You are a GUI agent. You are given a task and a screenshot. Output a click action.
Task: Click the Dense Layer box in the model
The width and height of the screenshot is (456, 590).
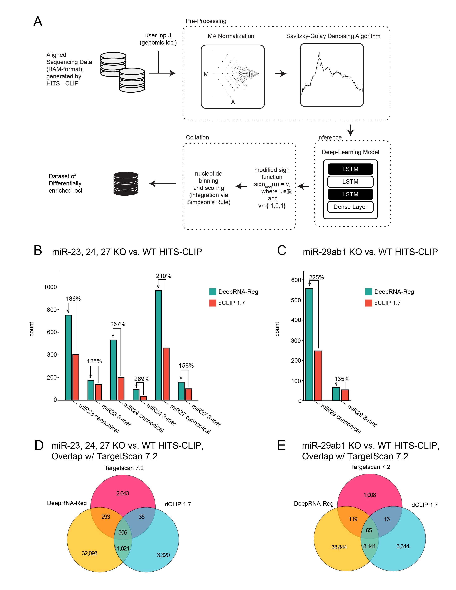(350, 207)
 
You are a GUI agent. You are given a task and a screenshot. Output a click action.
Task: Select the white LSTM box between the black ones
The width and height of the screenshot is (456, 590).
(350, 181)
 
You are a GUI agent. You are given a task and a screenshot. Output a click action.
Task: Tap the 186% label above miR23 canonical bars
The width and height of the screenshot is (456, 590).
(73, 299)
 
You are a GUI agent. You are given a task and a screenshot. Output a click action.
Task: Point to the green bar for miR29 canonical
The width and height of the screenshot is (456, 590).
(309, 345)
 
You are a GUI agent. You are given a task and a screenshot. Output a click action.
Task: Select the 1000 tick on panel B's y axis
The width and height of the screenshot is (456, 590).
(50, 287)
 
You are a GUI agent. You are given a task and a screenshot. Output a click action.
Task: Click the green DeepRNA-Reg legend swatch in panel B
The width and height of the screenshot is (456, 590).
(213, 292)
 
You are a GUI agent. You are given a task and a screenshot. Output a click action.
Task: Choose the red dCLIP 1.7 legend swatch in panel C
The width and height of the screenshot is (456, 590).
(369, 303)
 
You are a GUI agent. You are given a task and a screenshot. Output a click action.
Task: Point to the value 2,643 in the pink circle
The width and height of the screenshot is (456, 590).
(123, 493)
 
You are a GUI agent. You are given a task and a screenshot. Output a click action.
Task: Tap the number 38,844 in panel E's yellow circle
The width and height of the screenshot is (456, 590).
(339, 547)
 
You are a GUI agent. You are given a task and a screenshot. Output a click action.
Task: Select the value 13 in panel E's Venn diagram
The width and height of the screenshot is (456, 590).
(387, 519)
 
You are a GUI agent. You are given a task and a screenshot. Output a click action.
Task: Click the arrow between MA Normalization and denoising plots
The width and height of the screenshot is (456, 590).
(280, 73)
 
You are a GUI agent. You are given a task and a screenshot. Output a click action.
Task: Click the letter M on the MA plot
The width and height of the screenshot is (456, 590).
(206, 74)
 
